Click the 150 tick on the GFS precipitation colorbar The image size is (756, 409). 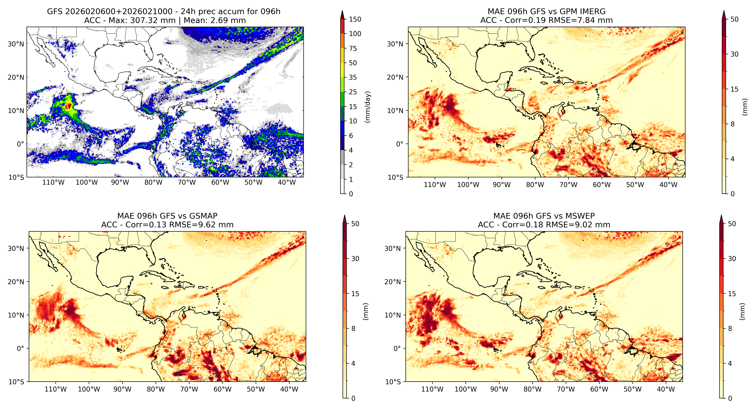pos(355,19)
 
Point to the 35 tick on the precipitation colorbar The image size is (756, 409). pos(353,77)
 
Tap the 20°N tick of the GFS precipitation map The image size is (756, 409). pos(16,77)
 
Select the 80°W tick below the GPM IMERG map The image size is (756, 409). pos(535,185)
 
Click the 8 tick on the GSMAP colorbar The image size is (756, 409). pos(353,329)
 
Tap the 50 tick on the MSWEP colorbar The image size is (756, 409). pos(732,224)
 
